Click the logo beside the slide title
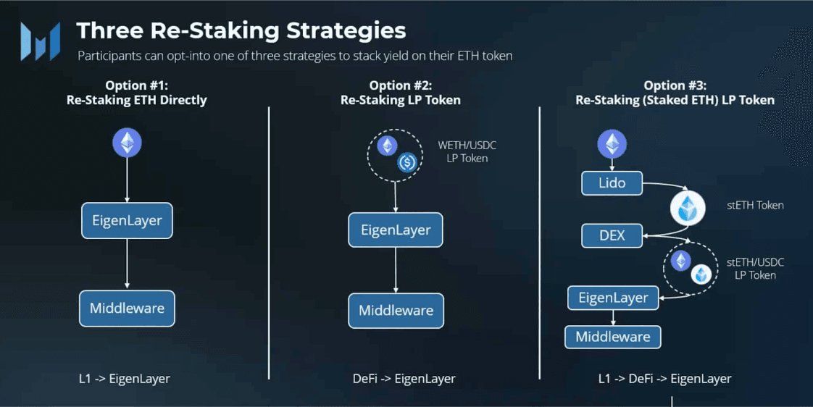(41, 41)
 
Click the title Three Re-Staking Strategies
(241, 30)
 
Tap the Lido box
(612, 183)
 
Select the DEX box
(612, 236)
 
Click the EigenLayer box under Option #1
(127, 220)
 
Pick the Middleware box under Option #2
(396, 311)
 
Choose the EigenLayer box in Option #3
(614, 298)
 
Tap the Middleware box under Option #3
(613, 337)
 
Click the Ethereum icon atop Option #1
(127, 143)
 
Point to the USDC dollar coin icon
(407, 163)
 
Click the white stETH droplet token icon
(688, 208)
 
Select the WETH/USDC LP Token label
(467, 151)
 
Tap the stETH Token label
(755, 206)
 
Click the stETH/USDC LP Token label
(755, 269)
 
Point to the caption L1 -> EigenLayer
(125, 379)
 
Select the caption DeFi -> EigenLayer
(404, 379)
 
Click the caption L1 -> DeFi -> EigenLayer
(664, 379)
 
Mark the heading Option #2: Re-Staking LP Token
(400, 93)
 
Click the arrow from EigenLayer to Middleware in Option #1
(127, 264)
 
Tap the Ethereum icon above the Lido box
(612, 143)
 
